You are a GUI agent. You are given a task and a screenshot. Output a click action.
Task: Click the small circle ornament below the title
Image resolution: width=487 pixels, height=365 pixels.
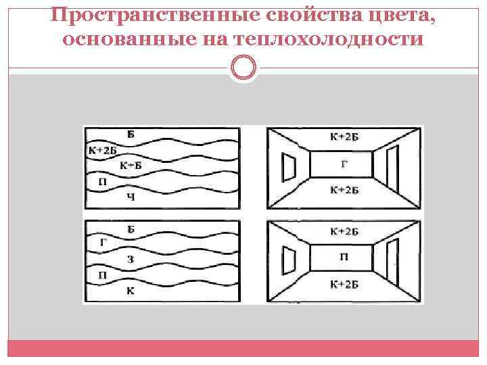coord(243,68)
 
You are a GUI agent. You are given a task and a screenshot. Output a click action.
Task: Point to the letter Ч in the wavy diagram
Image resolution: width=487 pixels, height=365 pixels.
coord(131,197)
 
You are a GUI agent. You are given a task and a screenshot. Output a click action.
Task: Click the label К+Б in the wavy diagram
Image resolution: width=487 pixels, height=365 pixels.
coord(131,166)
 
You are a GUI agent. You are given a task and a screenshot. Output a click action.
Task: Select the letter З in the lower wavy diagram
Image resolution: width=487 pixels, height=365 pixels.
coord(131,260)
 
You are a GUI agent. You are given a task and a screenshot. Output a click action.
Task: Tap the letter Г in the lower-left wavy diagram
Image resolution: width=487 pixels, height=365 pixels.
coord(103,242)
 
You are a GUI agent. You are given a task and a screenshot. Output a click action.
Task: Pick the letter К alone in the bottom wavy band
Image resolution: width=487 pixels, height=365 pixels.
coord(131,291)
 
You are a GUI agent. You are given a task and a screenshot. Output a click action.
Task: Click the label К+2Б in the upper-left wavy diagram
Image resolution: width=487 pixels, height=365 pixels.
coord(102,150)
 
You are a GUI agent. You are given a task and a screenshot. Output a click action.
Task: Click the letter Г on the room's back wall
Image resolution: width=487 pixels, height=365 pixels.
coord(344,163)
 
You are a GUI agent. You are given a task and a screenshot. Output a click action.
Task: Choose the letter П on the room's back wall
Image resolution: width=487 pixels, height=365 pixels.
coord(344,258)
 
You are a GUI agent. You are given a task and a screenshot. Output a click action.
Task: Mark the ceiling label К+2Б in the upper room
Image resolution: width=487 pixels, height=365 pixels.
coord(344,137)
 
